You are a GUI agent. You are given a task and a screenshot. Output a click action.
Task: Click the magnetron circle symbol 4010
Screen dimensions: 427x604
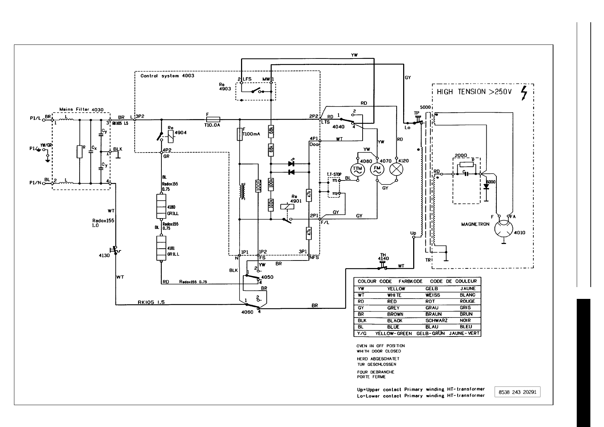[504, 229]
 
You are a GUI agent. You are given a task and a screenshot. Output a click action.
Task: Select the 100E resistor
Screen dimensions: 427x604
[258, 186]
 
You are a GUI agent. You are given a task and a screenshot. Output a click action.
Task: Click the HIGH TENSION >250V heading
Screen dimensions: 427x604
[473, 92]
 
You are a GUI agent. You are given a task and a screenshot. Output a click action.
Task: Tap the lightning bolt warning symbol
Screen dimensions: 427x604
[524, 93]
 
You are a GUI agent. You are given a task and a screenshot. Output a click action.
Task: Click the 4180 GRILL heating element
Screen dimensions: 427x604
[161, 206]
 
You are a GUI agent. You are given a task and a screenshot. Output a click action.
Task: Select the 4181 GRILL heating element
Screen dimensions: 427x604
[161, 248]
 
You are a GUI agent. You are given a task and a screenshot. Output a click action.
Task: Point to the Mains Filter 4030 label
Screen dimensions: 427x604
[81, 109]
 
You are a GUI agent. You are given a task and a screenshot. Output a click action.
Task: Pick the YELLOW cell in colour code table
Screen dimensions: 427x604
[396, 289]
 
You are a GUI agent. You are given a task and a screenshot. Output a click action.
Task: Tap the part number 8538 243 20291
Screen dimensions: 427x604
[517, 392]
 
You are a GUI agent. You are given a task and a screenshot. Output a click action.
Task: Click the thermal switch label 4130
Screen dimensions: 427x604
[104, 255]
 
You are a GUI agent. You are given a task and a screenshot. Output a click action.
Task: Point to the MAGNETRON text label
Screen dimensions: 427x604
[475, 224]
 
